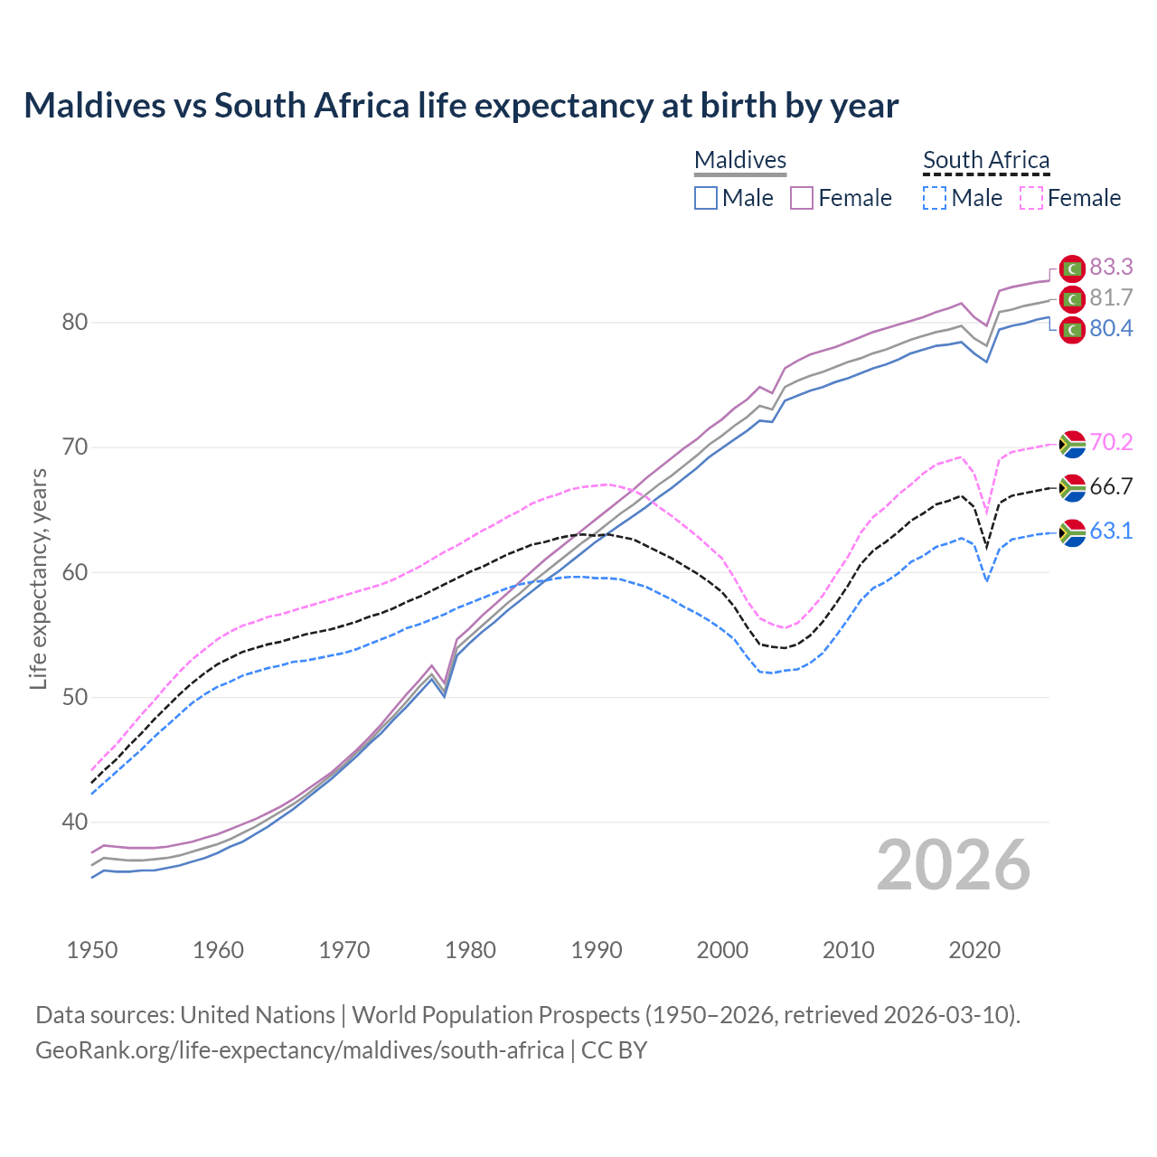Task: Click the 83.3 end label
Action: point(1111,267)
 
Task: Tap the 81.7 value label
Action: point(1111,297)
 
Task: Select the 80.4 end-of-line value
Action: point(1111,328)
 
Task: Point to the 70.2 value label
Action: point(1111,442)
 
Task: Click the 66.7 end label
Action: point(1111,486)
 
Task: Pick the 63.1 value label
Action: point(1111,531)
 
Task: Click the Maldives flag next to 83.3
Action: point(1072,268)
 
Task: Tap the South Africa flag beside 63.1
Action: point(1072,533)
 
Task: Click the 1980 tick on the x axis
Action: point(470,950)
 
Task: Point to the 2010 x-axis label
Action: point(848,950)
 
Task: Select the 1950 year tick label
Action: point(92,950)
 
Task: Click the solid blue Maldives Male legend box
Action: point(706,198)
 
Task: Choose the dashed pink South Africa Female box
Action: point(1031,198)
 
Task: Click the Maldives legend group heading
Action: point(740,160)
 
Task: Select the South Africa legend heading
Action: point(986,160)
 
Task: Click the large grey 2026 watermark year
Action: point(954,865)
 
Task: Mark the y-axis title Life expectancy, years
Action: point(38,578)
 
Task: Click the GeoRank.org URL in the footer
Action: point(299,1050)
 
